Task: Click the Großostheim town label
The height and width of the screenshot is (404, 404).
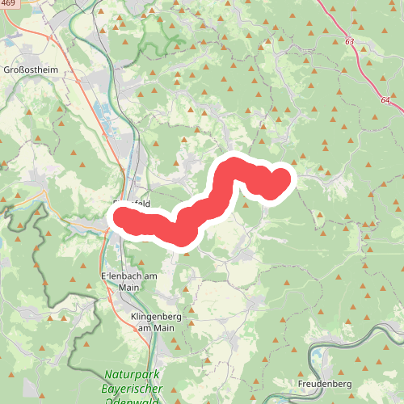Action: [30, 70]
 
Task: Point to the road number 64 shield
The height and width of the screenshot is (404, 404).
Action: [385, 99]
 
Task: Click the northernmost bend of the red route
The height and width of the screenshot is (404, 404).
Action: [232, 166]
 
